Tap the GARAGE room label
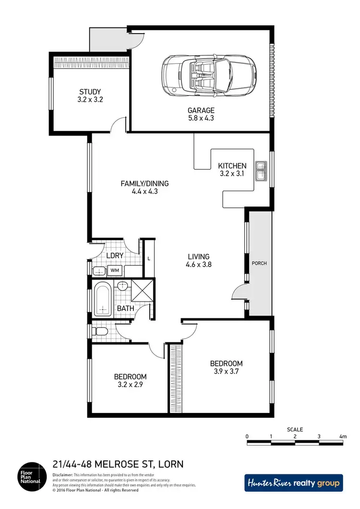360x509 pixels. click(x=201, y=110)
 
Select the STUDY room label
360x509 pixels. click(x=91, y=92)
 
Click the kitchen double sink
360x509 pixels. click(x=261, y=171)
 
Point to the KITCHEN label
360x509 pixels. click(x=232, y=166)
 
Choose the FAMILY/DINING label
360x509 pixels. click(x=144, y=183)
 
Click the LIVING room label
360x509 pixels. click(x=198, y=256)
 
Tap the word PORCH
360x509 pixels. click(x=259, y=263)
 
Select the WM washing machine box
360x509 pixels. click(x=115, y=270)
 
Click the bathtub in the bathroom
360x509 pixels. click(x=102, y=299)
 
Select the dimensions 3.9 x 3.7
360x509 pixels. click(x=226, y=371)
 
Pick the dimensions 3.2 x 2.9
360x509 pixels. click(x=130, y=385)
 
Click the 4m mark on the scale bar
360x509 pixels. click(x=342, y=436)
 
